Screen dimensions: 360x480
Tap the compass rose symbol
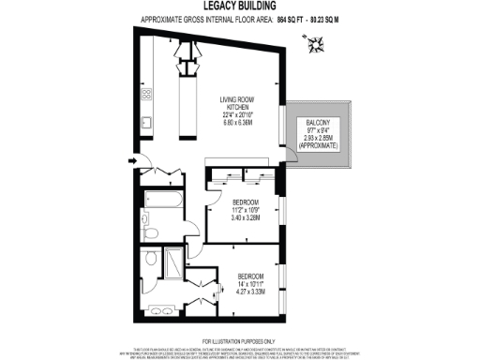click(317, 42)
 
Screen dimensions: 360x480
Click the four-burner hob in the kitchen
click(147, 94)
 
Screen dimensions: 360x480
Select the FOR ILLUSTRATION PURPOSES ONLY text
click(239, 340)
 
